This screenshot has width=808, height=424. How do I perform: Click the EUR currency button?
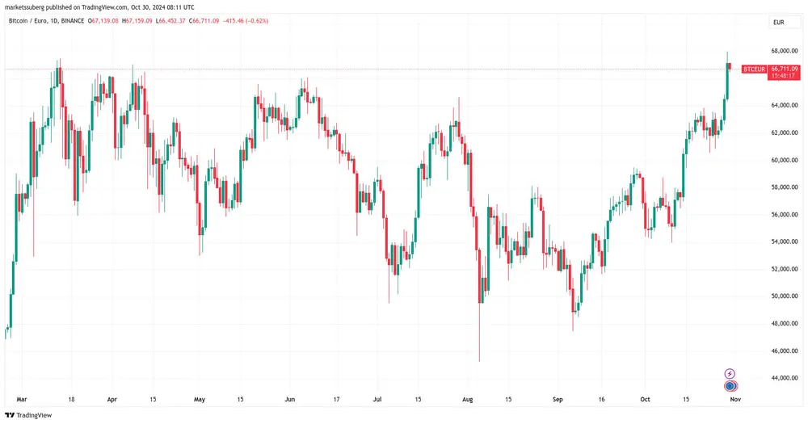click(x=779, y=23)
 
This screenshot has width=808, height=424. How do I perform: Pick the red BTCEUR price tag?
click(x=754, y=69)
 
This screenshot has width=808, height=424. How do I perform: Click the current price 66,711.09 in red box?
click(x=785, y=69)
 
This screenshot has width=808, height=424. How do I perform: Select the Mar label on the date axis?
click(x=23, y=399)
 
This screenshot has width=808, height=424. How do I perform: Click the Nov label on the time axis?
click(x=734, y=399)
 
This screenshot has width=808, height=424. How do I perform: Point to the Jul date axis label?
click(x=377, y=399)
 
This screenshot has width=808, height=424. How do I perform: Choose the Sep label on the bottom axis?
click(x=557, y=399)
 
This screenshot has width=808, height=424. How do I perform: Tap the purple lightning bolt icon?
click(x=730, y=373)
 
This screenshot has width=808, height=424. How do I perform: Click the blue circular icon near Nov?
click(x=730, y=386)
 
